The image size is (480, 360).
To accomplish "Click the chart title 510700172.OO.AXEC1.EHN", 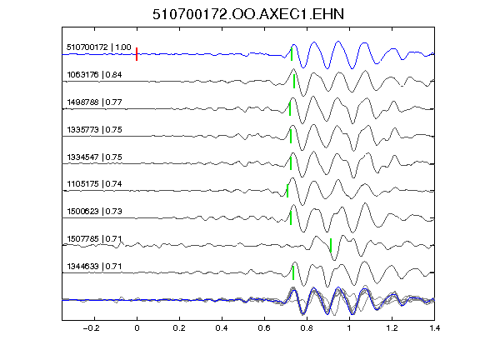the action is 248,14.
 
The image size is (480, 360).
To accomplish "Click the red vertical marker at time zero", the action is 137,54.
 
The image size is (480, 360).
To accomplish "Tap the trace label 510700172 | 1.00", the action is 99,47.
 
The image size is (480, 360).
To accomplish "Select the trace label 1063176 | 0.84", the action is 94,75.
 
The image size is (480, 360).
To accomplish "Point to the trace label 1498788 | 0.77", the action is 94,102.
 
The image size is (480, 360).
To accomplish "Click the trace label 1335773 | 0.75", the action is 94,129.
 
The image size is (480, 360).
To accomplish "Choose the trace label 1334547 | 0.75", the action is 94,157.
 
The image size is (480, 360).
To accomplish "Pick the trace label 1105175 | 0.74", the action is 94,183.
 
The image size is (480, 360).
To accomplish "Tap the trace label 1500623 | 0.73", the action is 94,211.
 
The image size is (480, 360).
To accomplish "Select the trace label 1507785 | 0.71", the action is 94,238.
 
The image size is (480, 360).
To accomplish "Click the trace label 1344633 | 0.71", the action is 94,267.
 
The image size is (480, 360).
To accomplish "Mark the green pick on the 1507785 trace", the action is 331,245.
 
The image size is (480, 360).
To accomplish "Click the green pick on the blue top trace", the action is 292,54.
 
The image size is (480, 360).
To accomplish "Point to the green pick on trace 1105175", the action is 287,191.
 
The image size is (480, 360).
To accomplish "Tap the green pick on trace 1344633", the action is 293,272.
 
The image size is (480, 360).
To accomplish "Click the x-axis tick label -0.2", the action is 92,328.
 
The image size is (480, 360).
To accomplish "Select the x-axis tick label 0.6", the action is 264,328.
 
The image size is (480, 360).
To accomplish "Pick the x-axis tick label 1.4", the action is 434,328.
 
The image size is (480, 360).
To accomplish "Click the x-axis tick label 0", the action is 137,328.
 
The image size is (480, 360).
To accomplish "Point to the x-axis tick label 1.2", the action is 392,328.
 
